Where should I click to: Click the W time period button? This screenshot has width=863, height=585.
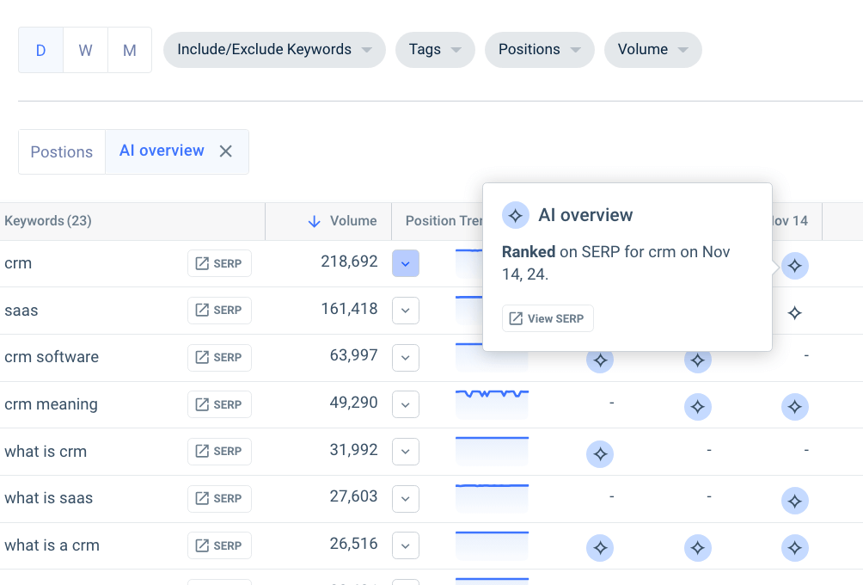[85, 50]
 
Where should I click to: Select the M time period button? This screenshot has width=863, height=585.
[130, 50]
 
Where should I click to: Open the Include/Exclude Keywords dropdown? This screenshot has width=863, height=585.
[273, 50]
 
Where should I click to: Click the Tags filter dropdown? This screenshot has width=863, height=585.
[434, 50]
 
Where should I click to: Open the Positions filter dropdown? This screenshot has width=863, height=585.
[539, 50]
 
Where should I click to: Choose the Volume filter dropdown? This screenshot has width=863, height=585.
[652, 50]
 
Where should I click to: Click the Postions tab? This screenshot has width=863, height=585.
[62, 152]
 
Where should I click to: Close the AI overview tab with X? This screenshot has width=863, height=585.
[226, 151]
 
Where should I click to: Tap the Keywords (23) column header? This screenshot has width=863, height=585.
[48, 221]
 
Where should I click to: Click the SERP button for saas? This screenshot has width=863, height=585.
[219, 311]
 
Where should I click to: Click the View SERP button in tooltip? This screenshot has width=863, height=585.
[548, 318]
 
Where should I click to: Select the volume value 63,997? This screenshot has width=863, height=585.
[353, 355]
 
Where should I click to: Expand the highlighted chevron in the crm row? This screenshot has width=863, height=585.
[406, 263]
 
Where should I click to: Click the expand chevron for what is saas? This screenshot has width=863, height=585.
[406, 499]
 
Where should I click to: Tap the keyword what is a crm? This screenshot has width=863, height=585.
[52, 545]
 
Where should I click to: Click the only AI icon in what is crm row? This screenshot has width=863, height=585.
[600, 453]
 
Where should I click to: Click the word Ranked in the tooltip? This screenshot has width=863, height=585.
[529, 252]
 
